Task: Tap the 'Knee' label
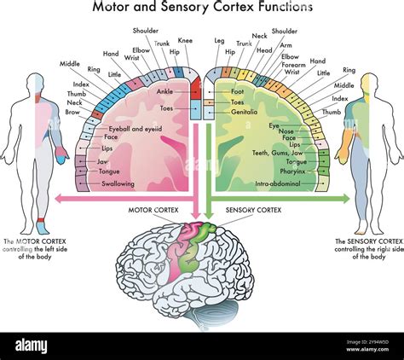(186, 40)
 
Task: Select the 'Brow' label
(72, 111)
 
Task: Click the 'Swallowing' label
(118, 183)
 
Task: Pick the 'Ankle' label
(164, 90)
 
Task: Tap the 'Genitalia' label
(244, 112)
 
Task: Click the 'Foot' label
(238, 90)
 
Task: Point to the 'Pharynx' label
(292, 171)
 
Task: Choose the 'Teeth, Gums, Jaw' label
(276, 152)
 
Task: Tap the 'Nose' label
(287, 131)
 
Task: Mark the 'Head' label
(263, 49)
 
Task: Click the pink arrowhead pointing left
(59, 199)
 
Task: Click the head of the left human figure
(33, 83)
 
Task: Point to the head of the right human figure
(369, 83)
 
